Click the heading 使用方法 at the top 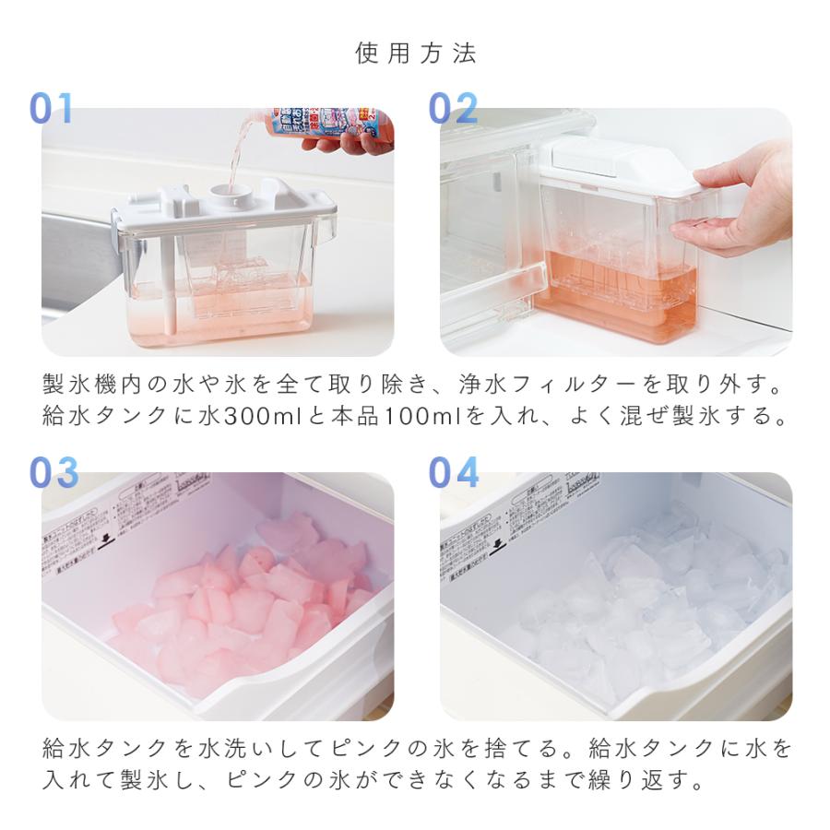(x=416, y=53)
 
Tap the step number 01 (x=52, y=109)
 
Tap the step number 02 (x=453, y=109)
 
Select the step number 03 (x=53, y=473)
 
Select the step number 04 (x=454, y=473)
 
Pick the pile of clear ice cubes (x=646, y=599)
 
